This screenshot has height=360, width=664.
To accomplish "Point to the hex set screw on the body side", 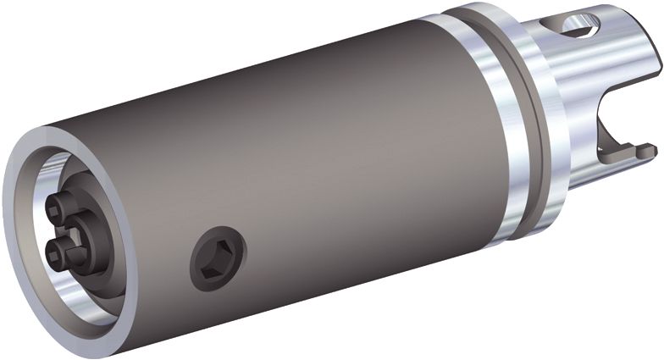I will (217, 259).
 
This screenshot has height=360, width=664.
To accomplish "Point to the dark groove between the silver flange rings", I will (520, 127).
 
